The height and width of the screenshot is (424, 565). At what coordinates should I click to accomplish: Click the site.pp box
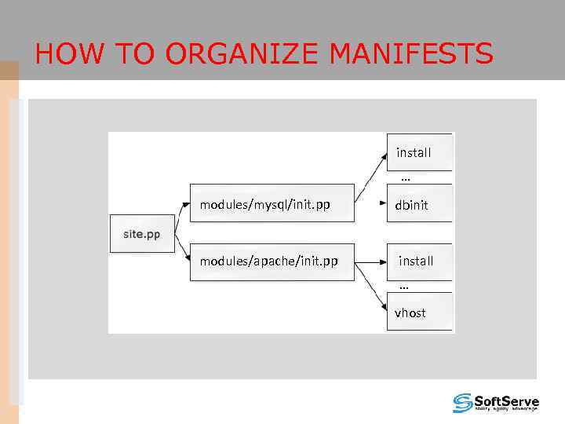(142, 234)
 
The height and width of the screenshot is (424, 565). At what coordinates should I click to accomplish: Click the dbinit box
(419, 205)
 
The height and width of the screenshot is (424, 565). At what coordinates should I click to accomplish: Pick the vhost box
(419, 313)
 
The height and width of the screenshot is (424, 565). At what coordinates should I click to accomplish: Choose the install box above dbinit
(419, 152)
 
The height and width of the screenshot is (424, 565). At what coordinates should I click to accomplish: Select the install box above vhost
(419, 261)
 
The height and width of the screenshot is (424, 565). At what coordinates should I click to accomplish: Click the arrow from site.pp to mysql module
(180, 217)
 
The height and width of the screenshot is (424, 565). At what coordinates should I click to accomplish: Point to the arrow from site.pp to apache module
(181, 249)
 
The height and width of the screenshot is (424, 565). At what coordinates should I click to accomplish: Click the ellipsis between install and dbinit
(405, 179)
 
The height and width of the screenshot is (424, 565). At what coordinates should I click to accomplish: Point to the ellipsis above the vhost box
(403, 287)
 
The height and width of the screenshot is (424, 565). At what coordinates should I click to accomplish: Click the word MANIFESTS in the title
(411, 54)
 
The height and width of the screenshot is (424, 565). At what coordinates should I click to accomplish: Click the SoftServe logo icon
(463, 403)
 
